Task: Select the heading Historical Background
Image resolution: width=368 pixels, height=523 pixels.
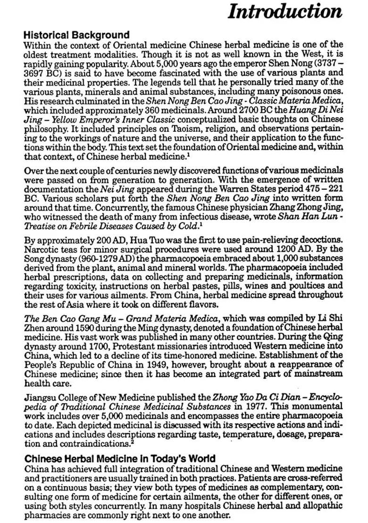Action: point(76,35)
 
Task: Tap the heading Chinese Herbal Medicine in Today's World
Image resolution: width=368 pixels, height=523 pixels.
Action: point(120,458)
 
